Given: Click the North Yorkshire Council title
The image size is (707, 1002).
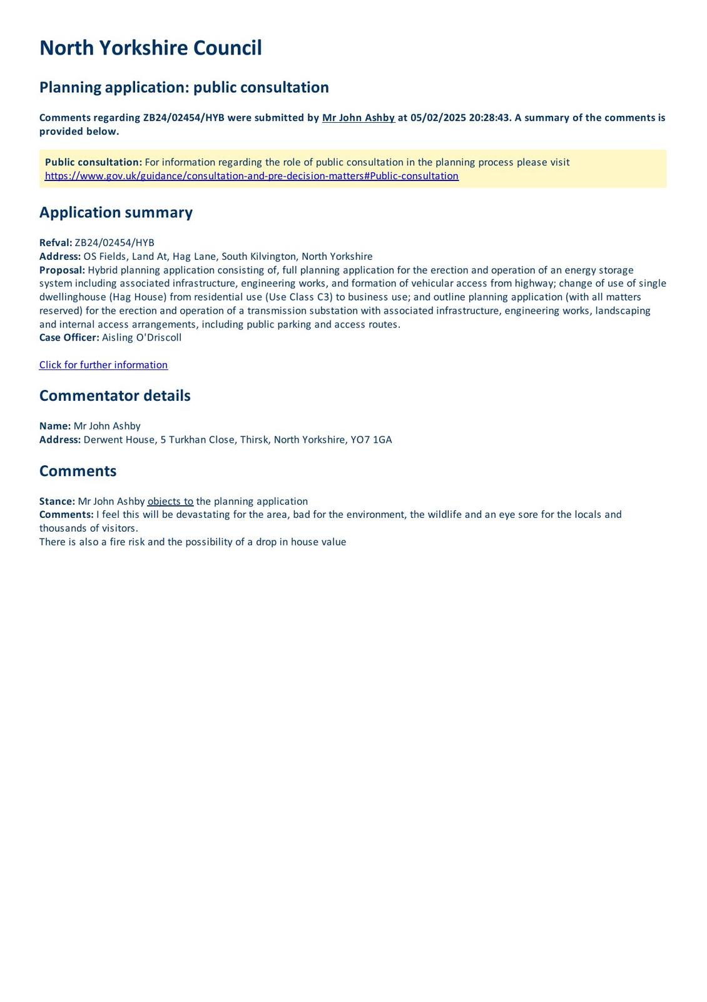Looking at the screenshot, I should [150, 48].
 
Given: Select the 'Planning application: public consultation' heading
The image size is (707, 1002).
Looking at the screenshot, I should [184, 87].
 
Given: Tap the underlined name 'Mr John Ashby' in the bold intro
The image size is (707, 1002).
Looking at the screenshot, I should [358, 118].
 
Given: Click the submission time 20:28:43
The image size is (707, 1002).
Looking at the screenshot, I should [489, 118].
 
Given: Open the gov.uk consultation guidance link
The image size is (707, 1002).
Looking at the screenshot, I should [252, 176].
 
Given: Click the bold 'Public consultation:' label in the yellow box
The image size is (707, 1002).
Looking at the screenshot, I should [93, 162].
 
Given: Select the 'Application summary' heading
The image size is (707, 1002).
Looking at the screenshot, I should [116, 212].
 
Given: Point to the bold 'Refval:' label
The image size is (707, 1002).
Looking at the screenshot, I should [56, 243].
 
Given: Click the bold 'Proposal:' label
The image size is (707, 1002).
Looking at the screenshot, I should [62, 270].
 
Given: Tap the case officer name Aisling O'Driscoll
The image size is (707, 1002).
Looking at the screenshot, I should [141, 338].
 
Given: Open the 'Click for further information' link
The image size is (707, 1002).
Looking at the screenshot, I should [103, 365].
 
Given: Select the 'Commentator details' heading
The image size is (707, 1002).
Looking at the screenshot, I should [114, 396].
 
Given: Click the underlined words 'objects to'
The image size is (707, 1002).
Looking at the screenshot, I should [170, 502].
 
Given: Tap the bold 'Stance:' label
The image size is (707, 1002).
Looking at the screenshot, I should [57, 502].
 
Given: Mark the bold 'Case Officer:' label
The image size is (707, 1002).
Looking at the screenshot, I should [69, 338].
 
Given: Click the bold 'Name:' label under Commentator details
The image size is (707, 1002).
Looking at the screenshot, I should [55, 426].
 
